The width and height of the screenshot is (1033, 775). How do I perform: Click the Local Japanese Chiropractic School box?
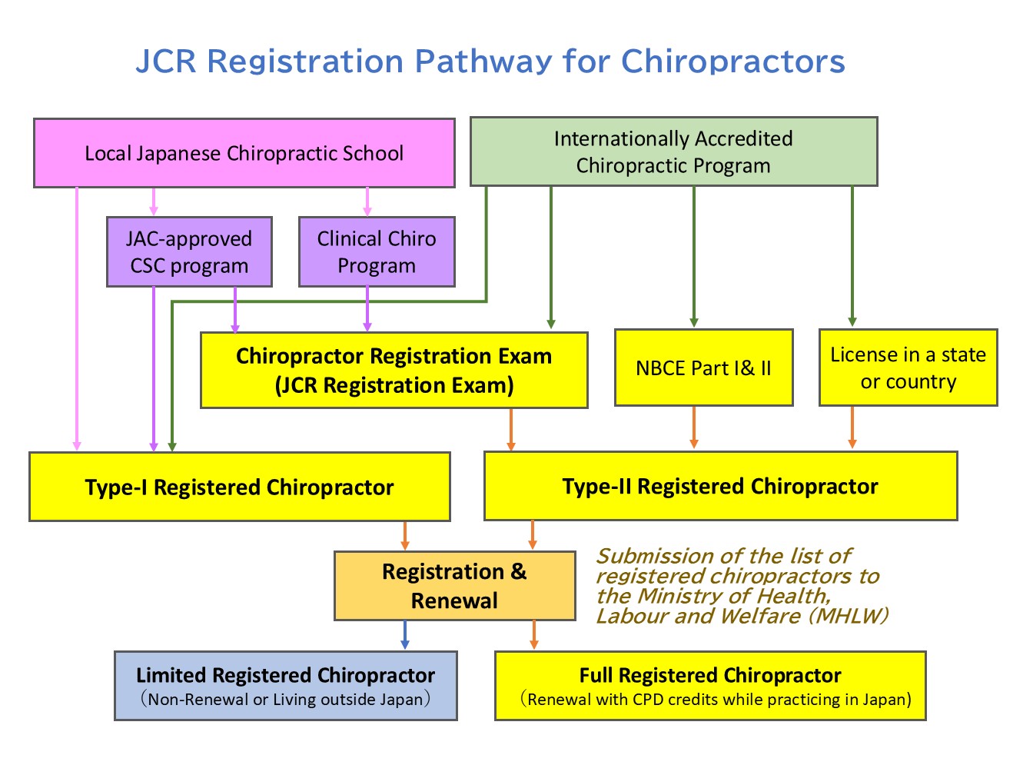pyautogui.click(x=244, y=153)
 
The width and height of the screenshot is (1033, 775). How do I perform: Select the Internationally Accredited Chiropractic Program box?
pyautogui.click(x=673, y=152)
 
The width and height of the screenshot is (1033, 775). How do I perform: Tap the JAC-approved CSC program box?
pyautogui.click(x=189, y=252)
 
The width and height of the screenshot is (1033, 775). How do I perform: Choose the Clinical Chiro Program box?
pyautogui.click(x=377, y=252)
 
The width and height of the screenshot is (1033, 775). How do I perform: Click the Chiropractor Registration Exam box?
pyautogui.click(x=394, y=370)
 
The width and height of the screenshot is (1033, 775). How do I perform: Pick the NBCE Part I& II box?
pyautogui.click(x=703, y=368)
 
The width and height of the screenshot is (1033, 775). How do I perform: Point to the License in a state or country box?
pyautogui.click(x=908, y=368)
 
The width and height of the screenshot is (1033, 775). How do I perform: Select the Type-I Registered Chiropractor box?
pyautogui.click(x=239, y=487)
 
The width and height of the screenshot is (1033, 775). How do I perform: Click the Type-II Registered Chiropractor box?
pyautogui.click(x=720, y=486)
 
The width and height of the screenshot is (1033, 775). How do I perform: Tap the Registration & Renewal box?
pyautogui.click(x=454, y=586)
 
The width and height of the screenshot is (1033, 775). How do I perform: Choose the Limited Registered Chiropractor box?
pyautogui.click(x=285, y=686)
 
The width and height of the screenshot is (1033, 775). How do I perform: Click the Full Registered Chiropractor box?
pyautogui.click(x=709, y=686)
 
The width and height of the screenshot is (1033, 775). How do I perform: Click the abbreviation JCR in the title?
pyautogui.click(x=165, y=62)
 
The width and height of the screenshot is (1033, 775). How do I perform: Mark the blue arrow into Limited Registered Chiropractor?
pyautogui.click(x=404, y=636)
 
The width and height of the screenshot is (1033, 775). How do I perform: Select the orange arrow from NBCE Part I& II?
pyautogui.click(x=694, y=427)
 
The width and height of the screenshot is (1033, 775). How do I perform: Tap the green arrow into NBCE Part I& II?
pyautogui.click(x=694, y=258)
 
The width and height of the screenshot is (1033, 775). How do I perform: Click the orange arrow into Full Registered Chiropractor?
pyautogui.click(x=533, y=636)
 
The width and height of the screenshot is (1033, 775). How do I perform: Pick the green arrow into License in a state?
pyautogui.click(x=852, y=258)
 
